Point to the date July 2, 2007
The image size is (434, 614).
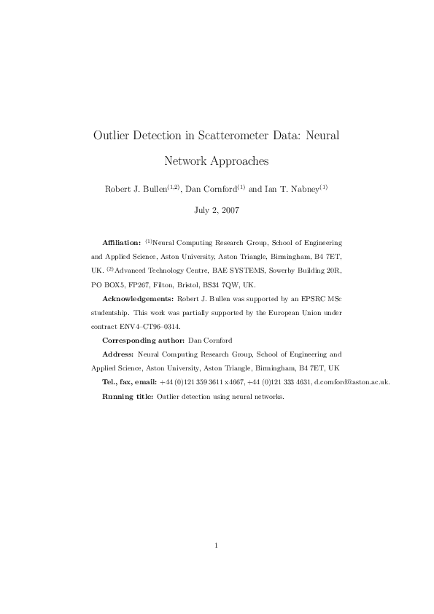pyautogui.click(x=217, y=210)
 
